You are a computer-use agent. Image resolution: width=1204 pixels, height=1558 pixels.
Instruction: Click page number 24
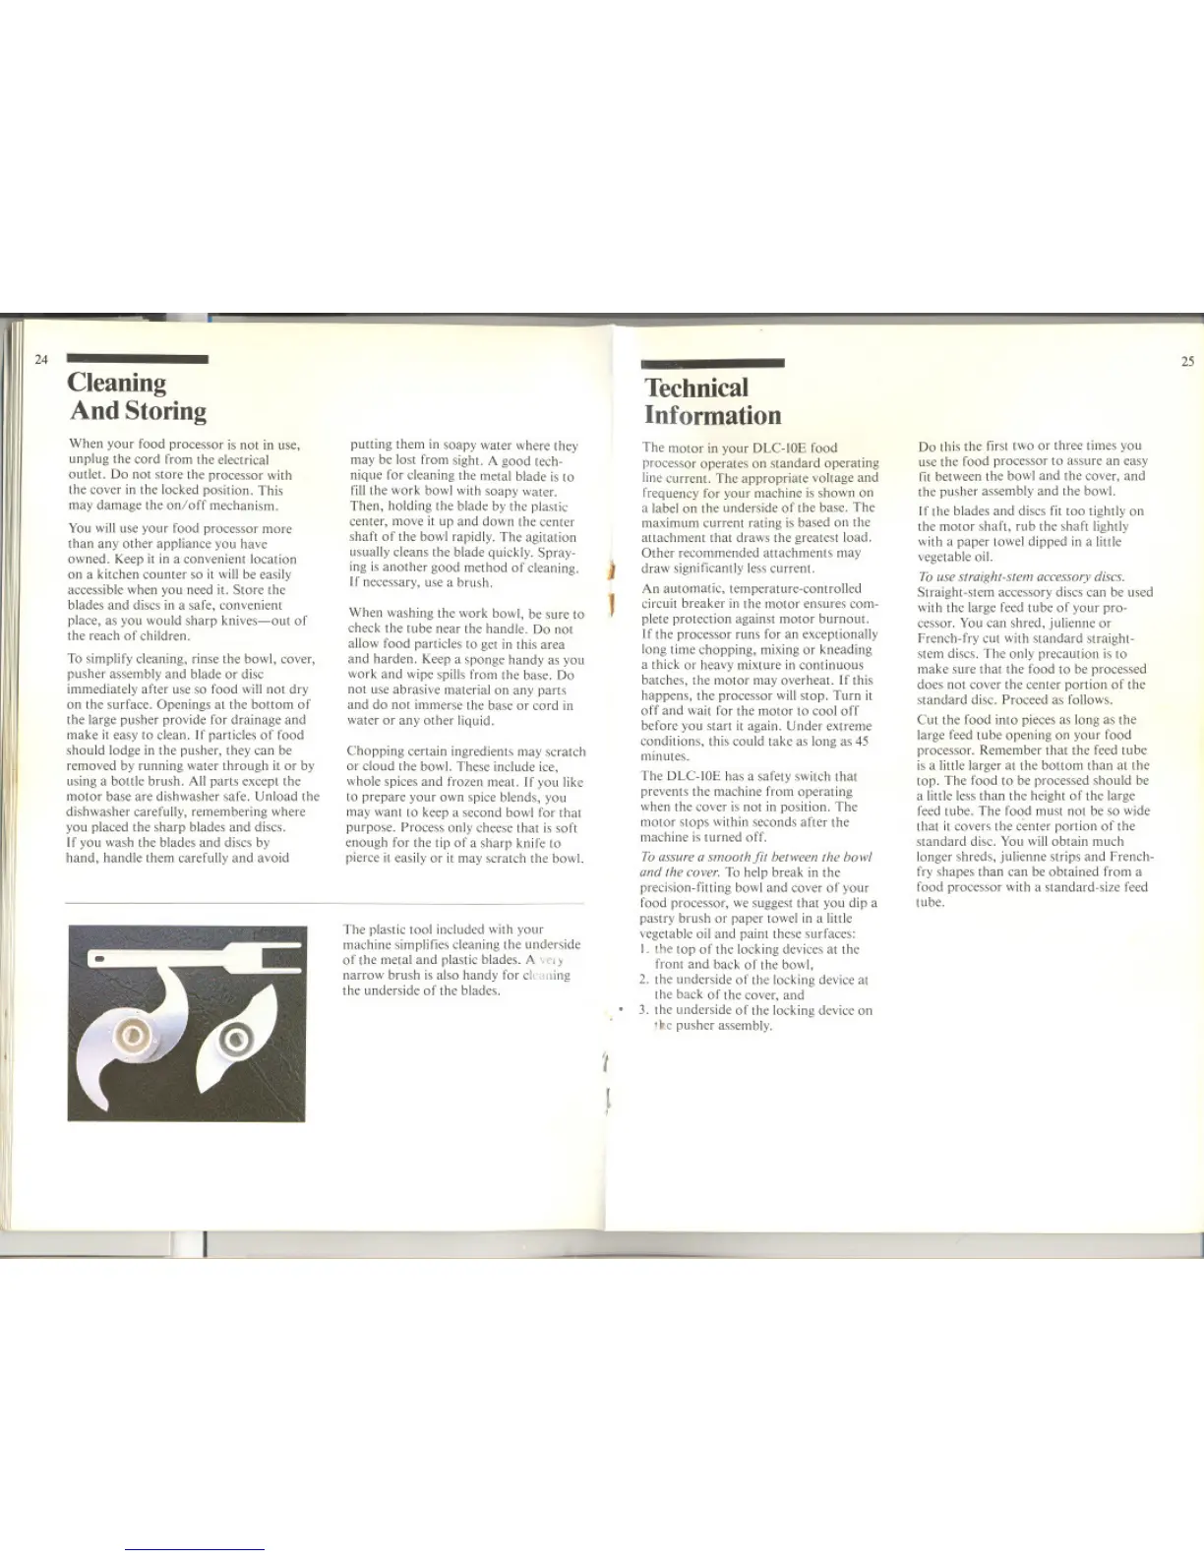tap(41, 359)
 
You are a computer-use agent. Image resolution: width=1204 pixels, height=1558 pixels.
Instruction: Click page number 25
tap(1187, 361)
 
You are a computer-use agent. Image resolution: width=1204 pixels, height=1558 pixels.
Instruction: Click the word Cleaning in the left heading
tap(117, 383)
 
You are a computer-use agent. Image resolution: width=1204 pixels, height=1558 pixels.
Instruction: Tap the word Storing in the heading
tap(164, 411)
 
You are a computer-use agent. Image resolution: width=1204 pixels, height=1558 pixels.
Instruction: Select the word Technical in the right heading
tap(696, 388)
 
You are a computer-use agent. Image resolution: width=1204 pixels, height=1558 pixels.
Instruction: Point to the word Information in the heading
tap(712, 416)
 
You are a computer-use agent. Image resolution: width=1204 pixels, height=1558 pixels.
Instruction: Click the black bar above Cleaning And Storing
tap(137, 359)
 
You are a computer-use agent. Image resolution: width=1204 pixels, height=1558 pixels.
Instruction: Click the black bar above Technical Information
tap(712, 363)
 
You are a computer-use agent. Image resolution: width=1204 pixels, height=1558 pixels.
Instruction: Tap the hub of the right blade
tap(236, 1039)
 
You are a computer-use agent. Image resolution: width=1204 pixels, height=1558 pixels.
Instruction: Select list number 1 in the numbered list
tap(642, 949)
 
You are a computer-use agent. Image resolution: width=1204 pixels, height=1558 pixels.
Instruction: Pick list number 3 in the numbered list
tap(642, 1010)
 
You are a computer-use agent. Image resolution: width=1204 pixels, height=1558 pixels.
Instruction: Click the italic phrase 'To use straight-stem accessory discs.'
tap(1020, 576)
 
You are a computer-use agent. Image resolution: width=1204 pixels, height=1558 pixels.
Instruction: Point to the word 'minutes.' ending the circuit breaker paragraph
tap(665, 756)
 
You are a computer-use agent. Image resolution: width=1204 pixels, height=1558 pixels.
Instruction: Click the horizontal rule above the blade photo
tap(325, 902)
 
